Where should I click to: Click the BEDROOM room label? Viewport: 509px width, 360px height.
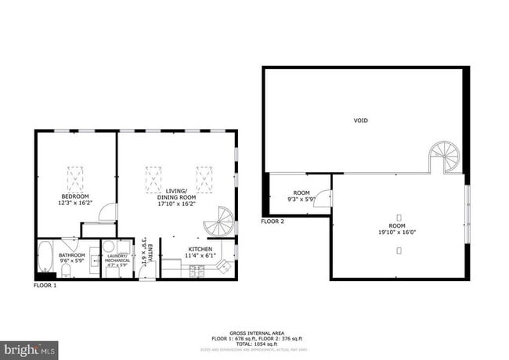(x=75, y=196)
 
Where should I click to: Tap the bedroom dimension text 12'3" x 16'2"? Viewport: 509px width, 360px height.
(x=75, y=203)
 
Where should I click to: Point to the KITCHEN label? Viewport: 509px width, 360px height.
(x=198, y=249)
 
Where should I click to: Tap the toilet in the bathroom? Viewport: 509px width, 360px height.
(x=67, y=270)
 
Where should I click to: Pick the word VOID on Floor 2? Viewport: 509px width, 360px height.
(x=360, y=121)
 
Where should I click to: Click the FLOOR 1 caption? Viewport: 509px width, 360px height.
(x=45, y=286)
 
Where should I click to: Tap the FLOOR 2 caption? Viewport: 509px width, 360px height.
(x=273, y=221)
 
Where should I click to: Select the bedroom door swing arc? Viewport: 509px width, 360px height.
(x=110, y=212)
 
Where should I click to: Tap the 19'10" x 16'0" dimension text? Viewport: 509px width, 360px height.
(x=399, y=231)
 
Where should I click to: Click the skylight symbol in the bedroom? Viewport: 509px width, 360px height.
(x=76, y=178)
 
